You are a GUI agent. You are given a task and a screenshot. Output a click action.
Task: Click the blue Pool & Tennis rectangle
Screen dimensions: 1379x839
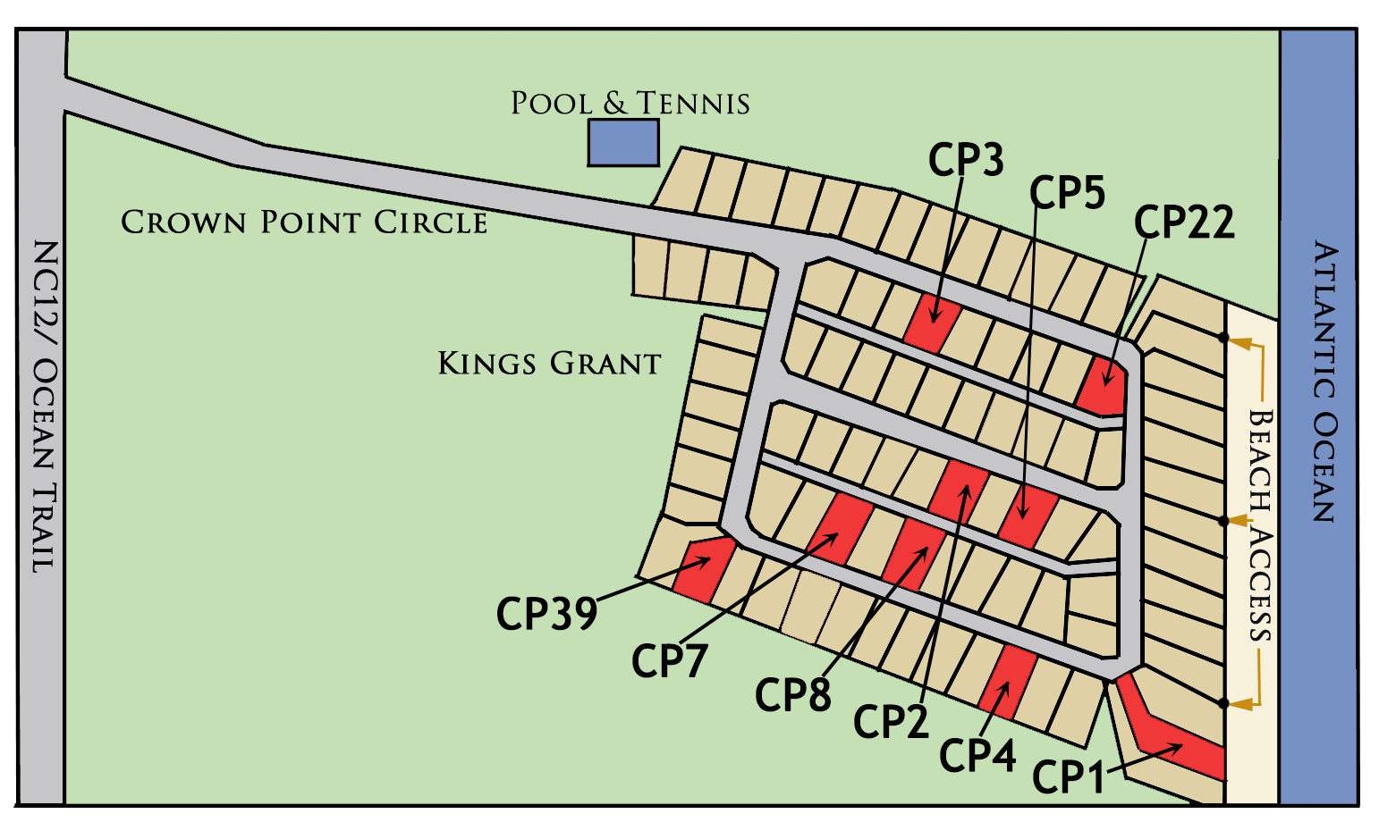(x=623, y=143)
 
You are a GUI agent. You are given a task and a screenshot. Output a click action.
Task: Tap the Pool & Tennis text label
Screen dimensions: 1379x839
(x=630, y=104)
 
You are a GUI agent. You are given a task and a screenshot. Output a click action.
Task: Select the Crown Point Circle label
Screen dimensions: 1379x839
(x=304, y=222)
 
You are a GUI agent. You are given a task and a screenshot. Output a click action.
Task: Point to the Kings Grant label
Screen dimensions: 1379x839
(x=549, y=363)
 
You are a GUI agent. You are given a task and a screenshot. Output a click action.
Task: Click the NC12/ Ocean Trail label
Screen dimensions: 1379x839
(x=46, y=406)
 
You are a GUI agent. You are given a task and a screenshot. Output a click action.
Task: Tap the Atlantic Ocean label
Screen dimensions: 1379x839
(x=1325, y=382)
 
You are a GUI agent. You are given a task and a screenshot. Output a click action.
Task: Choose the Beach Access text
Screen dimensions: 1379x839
(x=1260, y=525)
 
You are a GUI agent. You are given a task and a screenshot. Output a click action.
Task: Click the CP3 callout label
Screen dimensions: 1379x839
(x=966, y=160)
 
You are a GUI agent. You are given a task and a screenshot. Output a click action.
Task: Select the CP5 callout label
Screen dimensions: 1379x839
(x=1068, y=192)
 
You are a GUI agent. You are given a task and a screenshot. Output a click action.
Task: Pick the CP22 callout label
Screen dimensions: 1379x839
(x=1184, y=222)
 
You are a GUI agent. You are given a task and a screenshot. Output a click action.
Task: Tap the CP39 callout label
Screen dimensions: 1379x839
(x=546, y=613)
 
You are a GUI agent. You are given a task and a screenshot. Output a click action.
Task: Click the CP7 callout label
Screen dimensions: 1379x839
(x=670, y=661)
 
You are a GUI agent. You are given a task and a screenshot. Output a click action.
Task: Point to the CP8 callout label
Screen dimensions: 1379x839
(x=793, y=694)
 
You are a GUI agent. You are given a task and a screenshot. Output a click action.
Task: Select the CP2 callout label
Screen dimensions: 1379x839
(x=891, y=721)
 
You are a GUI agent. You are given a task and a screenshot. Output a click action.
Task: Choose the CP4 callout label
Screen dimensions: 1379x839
(x=977, y=755)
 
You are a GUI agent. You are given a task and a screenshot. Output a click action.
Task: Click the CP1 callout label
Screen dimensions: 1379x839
(x=1068, y=776)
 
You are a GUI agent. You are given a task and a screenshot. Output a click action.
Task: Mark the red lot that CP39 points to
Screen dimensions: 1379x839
(x=704, y=568)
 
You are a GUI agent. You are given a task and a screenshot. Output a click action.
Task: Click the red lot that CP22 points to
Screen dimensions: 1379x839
(x=1104, y=386)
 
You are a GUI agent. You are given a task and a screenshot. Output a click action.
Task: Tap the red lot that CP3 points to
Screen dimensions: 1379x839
(x=932, y=323)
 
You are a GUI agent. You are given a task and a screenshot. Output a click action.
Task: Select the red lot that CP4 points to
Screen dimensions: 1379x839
(x=1008, y=682)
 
